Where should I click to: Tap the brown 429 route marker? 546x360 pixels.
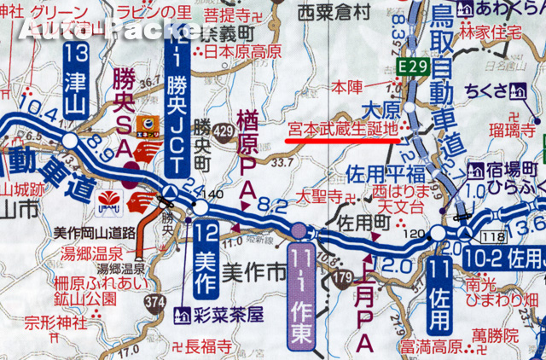click(x=224, y=131)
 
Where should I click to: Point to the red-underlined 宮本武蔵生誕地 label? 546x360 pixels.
click(x=341, y=130)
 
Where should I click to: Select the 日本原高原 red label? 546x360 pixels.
click(x=241, y=51)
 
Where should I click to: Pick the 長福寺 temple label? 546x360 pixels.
click(x=208, y=346)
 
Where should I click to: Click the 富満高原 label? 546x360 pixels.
click(x=428, y=347)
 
